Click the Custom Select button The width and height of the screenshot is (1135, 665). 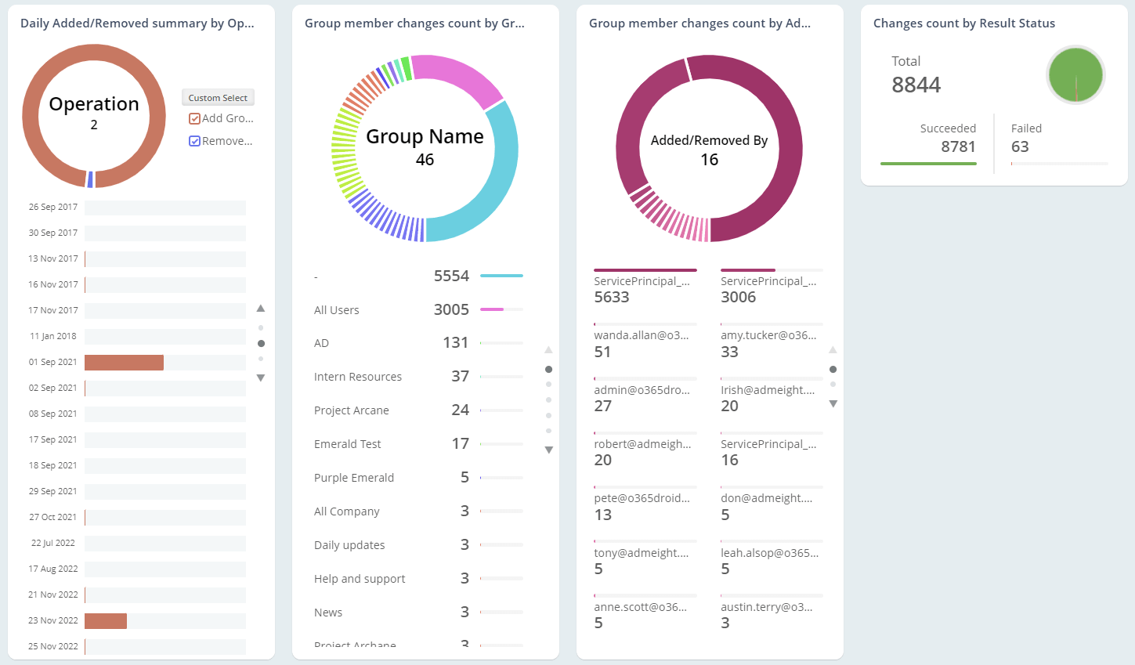(x=218, y=98)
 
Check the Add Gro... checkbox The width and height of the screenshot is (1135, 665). (x=195, y=119)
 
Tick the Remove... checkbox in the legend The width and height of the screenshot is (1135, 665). (x=195, y=142)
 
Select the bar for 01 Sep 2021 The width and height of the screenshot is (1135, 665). (x=124, y=363)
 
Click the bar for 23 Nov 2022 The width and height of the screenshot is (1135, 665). (x=106, y=621)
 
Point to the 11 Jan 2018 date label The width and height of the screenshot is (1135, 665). (x=53, y=337)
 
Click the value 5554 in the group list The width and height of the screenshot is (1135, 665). (x=451, y=276)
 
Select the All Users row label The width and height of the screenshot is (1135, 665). (x=337, y=310)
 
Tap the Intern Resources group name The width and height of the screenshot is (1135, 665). (x=358, y=377)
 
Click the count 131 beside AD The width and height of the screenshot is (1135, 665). (x=455, y=343)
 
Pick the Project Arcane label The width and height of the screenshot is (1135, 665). (x=352, y=410)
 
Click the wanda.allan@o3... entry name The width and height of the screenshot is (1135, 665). (x=642, y=335)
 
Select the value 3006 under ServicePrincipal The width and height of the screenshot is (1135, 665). (x=739, y=298)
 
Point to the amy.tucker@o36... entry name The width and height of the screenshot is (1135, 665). (x=768, y=335)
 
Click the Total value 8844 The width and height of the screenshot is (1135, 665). (x=916, y=85)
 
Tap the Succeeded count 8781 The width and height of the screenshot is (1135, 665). (x=958, y=147)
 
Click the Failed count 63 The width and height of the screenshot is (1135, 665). (x=1020, y=147)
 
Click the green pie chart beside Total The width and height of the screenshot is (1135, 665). (x=1075, y=75)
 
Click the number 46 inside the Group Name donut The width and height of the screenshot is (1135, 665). (x=425, y=160)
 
